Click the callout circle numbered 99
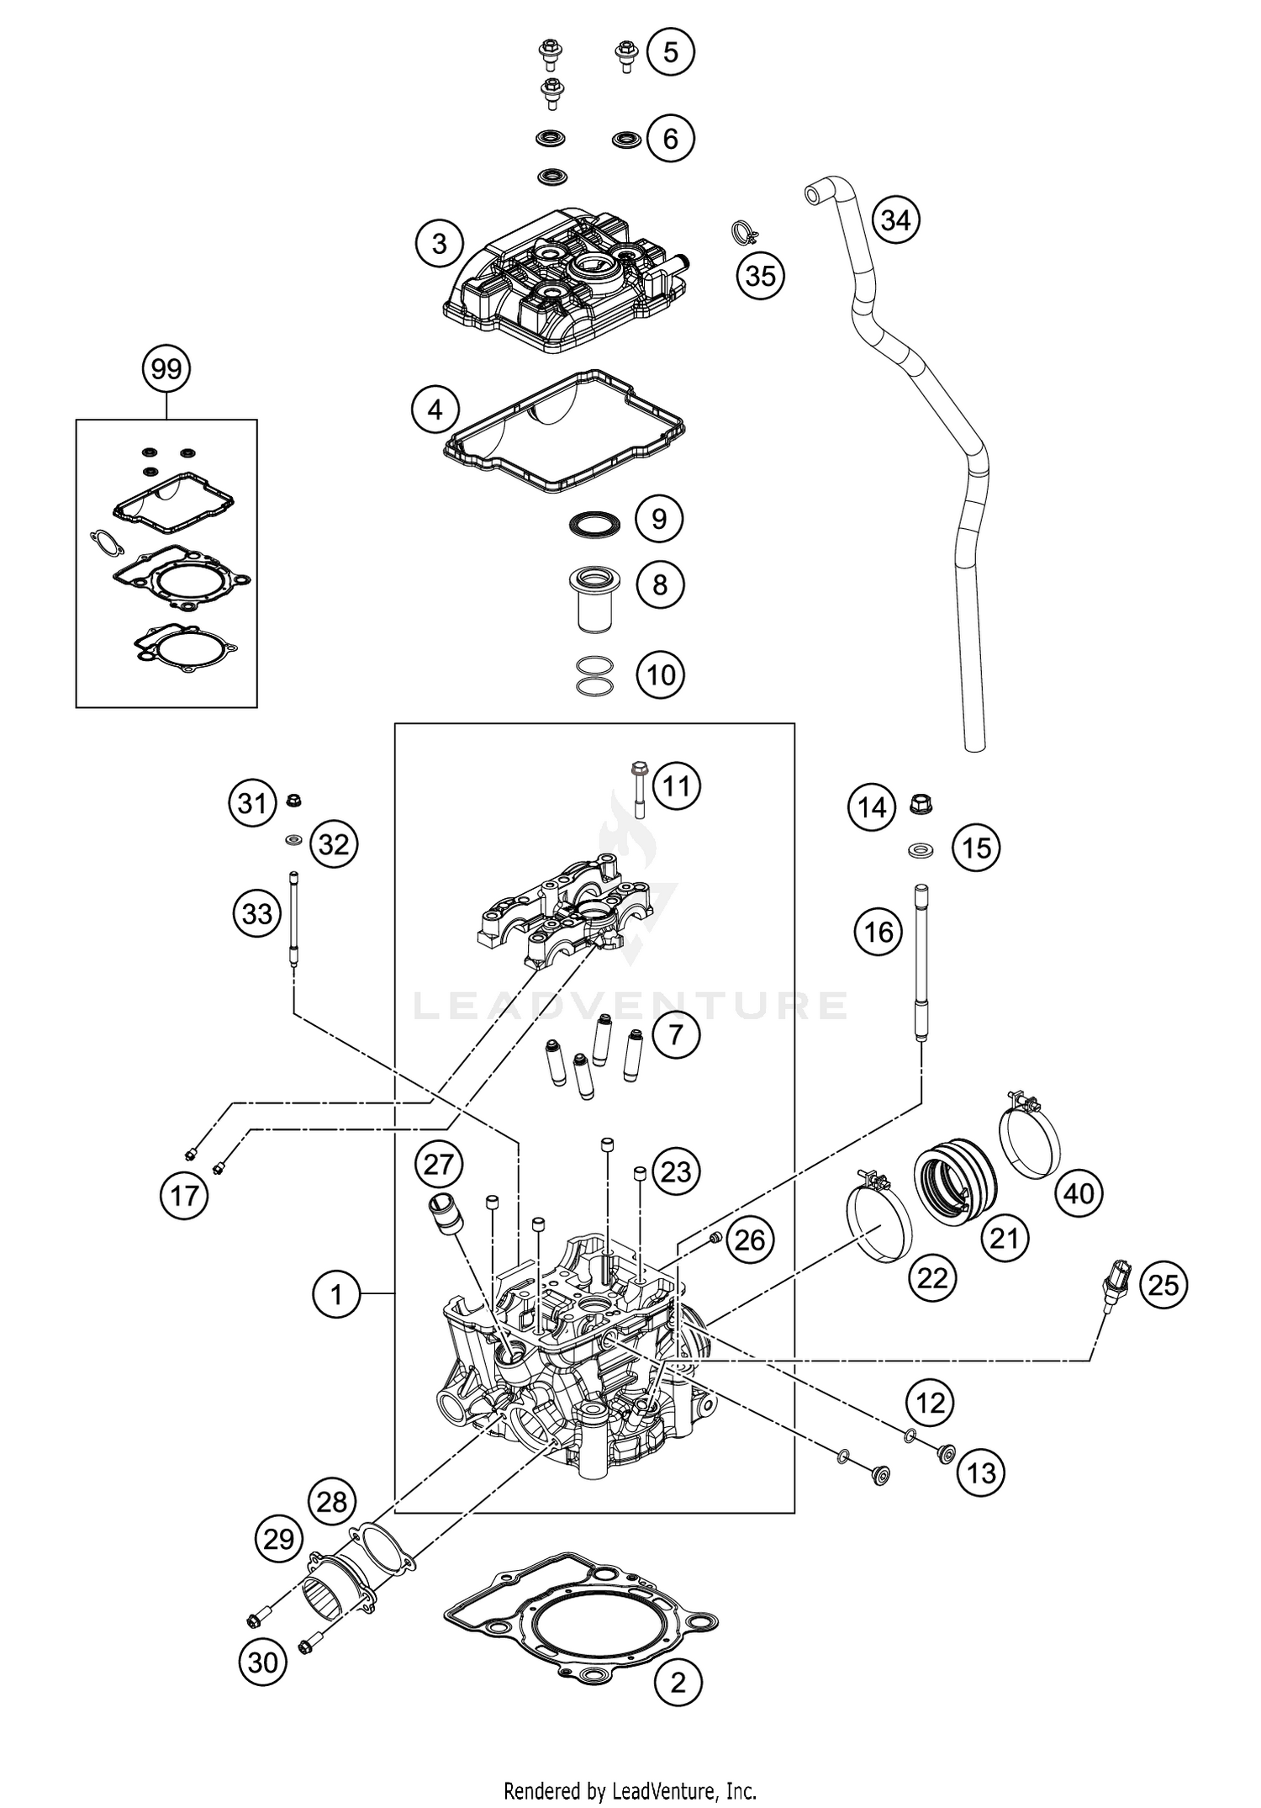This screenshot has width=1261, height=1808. click(166, 369)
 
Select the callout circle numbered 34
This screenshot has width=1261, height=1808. click(896, 220)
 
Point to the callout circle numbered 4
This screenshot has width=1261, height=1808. click(435, 410)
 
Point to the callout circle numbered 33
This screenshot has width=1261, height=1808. click(257, 912)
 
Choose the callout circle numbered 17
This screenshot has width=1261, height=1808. click(184, 1195)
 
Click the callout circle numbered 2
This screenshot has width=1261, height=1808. click(678, 1683)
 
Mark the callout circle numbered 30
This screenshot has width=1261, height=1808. click(262, 1662)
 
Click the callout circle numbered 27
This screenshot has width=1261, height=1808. click(439, 1165)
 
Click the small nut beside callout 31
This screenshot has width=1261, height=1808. click(295, 800)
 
